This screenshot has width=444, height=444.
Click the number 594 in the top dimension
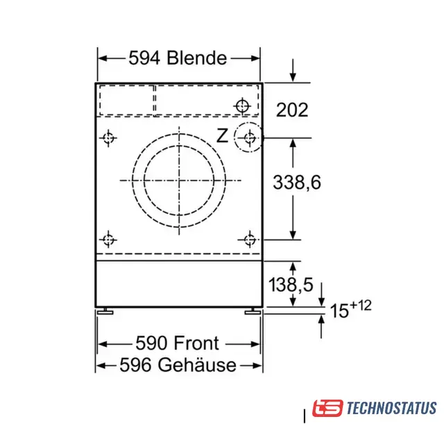coord(144,58)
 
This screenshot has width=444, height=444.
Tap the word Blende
coord(197,58)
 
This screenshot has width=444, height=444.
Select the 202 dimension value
coord(292,110)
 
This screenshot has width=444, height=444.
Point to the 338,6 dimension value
coord(297,182)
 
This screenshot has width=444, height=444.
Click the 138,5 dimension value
coord(291,284)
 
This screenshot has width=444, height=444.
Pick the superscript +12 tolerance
coord(361,305)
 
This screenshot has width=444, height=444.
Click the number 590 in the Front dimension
coord(151,343)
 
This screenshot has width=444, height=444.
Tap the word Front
coord(196,343)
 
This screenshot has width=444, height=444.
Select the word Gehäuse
coord(197,365)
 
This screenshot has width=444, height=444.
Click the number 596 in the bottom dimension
coord(135,365)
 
